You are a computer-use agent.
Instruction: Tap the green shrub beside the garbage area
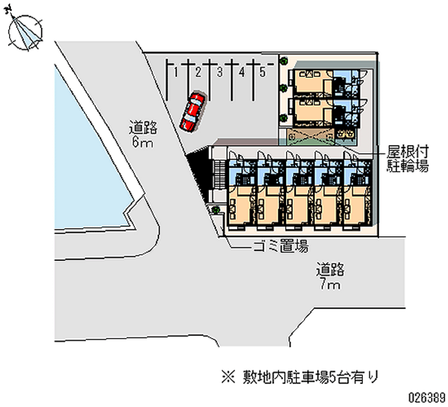click(x=215, y=210)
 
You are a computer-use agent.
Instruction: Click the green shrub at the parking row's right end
click(x=284, y=59)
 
